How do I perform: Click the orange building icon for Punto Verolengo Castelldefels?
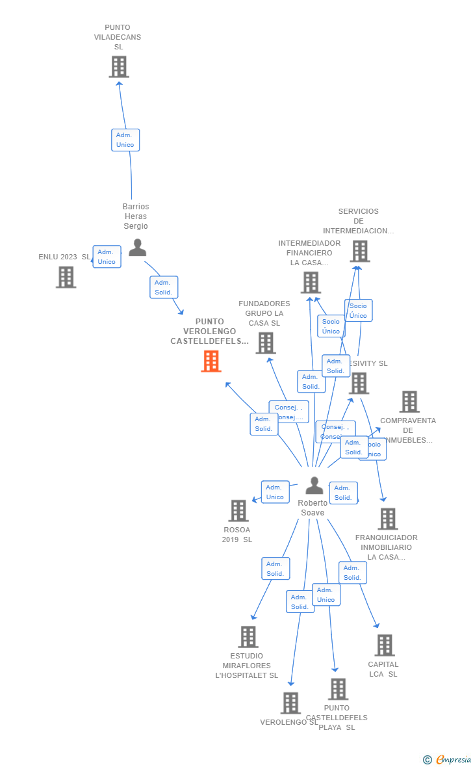[211, 361]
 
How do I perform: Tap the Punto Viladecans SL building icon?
[119, 67]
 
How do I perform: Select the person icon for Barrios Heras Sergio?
[137, 248]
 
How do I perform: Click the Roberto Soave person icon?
[314, 486]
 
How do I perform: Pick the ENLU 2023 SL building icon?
[66, 278]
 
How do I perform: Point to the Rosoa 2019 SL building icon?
[238, 511]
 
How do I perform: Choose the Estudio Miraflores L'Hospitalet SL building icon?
[248, 637]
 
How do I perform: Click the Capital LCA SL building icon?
[385, 645]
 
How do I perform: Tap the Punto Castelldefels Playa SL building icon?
[338, 689]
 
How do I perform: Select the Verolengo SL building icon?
[290, 703]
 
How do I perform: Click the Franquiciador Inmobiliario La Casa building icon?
[388, 519]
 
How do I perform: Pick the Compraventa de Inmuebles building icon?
[409, 402]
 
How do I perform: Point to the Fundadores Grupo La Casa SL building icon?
[266, 343]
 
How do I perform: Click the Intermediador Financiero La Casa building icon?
[311, 283]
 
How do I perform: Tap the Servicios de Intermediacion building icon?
[359, 251]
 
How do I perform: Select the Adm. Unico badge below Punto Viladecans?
[125, 140]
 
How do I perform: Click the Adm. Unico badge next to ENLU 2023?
[107, 257]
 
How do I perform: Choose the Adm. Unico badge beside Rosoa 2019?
[275, 492]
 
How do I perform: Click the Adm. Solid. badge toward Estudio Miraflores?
[275, 569]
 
